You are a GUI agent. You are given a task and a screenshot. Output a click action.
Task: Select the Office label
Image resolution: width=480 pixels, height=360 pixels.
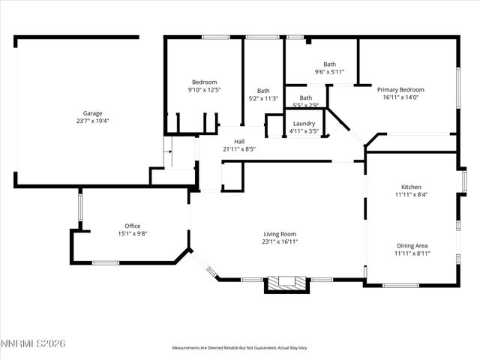[132, 226]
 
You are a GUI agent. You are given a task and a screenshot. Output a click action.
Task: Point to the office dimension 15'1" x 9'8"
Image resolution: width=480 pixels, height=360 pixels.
[132, 233]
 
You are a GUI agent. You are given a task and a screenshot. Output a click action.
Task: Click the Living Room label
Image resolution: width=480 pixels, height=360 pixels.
[279, 233]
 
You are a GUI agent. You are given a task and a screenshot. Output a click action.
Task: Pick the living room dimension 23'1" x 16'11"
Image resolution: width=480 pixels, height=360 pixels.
[279, 241]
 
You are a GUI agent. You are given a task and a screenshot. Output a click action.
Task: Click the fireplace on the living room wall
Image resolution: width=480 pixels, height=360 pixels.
[288, 283]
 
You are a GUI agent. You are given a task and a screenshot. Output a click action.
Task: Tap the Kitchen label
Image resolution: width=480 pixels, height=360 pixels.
[411, 187]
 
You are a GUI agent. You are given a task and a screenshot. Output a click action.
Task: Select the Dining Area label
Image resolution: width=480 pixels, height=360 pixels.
[411, 245]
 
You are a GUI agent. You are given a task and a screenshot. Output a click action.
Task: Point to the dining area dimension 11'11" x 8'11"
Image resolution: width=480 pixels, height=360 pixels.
[411, 253]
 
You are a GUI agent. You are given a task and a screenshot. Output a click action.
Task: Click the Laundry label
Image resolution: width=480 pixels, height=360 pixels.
[304, 123]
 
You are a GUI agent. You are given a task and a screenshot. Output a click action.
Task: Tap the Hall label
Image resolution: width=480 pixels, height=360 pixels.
[239, 141]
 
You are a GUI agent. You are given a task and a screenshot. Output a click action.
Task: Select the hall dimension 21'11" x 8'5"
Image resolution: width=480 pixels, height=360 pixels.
[239, 148]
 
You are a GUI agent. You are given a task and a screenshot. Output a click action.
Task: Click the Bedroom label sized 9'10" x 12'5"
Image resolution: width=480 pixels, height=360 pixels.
[204, 82]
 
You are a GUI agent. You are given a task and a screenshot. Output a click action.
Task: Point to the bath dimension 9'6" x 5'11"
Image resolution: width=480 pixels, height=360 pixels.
[329, 72]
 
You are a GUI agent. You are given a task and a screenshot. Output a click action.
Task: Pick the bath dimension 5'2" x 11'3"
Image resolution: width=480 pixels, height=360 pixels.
[263, 98]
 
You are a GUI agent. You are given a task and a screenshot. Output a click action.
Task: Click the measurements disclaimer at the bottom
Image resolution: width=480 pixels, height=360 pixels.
[240, 348]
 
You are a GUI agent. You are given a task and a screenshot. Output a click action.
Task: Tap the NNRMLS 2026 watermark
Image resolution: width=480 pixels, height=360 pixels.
[34, 343]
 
